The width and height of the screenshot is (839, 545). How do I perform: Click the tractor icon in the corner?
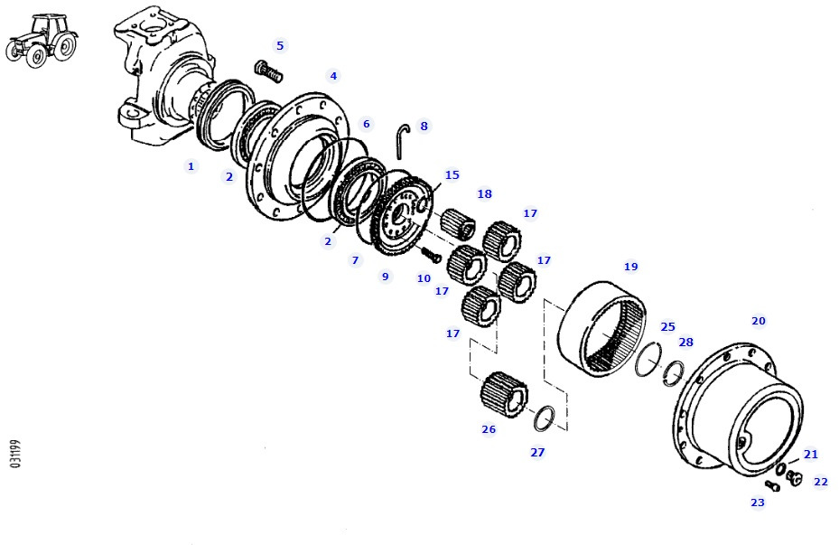coord(41,40)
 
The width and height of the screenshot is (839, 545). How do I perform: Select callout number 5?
coord(280,45)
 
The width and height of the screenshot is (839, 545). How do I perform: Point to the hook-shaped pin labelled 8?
coord(404,139)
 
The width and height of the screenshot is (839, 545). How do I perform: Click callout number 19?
coord(631,267)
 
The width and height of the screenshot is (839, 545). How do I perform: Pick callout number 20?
coord(759,321)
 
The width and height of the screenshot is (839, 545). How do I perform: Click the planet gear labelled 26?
coord(503,394)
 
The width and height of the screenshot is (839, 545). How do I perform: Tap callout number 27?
coord(537,452)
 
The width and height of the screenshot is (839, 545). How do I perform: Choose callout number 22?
coord(820,482)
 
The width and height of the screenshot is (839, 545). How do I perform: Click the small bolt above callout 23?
coord(771,485)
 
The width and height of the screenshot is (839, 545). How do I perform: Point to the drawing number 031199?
coord(15,453)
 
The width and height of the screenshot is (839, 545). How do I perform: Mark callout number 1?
coord(191,166)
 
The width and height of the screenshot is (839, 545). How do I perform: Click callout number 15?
coord(452,174)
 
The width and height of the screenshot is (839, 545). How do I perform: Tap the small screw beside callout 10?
coord(432,256)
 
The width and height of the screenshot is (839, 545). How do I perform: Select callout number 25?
coord(667,326)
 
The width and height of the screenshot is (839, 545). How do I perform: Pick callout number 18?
coord(485,193)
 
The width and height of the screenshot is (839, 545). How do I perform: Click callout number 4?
coord(333,76)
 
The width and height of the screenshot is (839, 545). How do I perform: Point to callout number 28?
coord(686,342)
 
